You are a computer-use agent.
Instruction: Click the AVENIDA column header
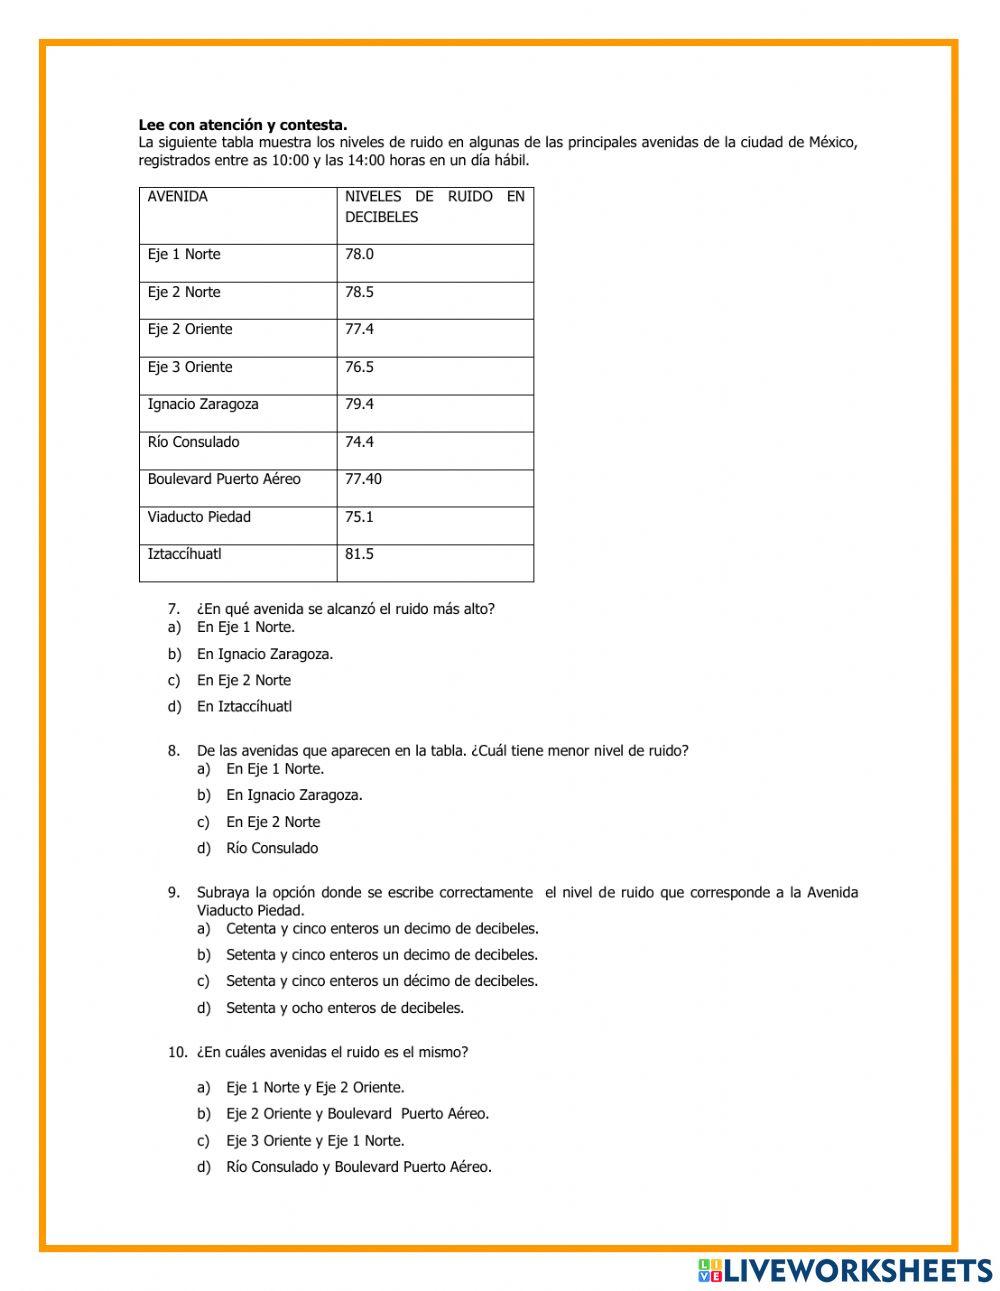pyautogui.click(x=178, y=197)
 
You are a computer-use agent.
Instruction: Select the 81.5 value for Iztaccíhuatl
pyautogui.click(x=359, y=554)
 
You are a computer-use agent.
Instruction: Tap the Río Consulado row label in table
pyautogui.click(x=194, y=442)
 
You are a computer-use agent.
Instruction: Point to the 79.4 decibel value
pyautogui.click(x=359, y=404)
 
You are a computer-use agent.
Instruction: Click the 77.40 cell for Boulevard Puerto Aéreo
pyautogui.click(x=363, y=479)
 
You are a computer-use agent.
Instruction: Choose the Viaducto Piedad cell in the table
pyautogui.click(x=199, y=517)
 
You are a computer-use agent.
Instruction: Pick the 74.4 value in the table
pyautogui.click(x=359, y=442)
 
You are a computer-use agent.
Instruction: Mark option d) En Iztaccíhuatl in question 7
pyautogui.click(x=244, y=707)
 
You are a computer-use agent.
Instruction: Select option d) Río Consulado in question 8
pyautogui.click(x=272, y=848)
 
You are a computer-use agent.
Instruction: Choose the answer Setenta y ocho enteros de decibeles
pyautogui.click(x=345, y=1008)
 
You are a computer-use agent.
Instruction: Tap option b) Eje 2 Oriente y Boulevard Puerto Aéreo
pyautogui.click(x=357, y=1114)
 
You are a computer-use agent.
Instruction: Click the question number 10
pyautogui.click(x=177, y=1052)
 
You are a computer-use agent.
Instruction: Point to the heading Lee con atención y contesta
pyautogui.click(x=243, y=125)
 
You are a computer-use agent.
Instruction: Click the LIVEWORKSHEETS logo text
pyautogui.click(x=857, y=1270)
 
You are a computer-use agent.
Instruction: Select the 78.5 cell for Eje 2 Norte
pyautogui.click(x=359, y=292)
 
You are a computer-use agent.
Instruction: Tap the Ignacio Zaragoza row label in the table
pyautogui.click(x=203, y=404)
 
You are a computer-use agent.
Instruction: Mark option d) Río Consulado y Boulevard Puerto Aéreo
pyautogui.click(x=359, y=1167)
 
